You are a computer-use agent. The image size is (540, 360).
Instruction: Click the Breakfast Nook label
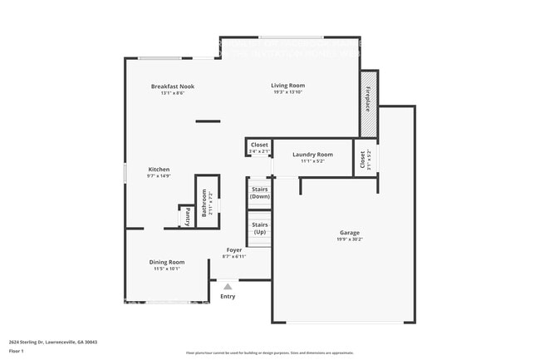click(x=172, y=86)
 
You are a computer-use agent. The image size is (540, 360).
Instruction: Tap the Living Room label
click(x=288, y=85)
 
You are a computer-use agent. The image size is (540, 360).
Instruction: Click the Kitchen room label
click(x=159, y=169)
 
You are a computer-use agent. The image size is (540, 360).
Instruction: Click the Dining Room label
click(x=166, y=261)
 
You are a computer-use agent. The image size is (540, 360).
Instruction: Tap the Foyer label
click(x=234, y=249)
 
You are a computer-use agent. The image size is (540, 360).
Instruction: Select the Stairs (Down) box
click(x=259, y=193)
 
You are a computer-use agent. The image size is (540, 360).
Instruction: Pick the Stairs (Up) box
click(x=259, y=228)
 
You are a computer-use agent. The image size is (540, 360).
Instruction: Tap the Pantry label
click(x=188, y=217)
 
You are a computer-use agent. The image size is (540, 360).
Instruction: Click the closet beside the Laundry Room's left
click(x=258, y=147)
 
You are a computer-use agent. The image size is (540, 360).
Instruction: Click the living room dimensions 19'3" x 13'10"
click(x=288, y=91)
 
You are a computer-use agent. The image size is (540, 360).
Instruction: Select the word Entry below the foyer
click(x=228, y=296)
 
